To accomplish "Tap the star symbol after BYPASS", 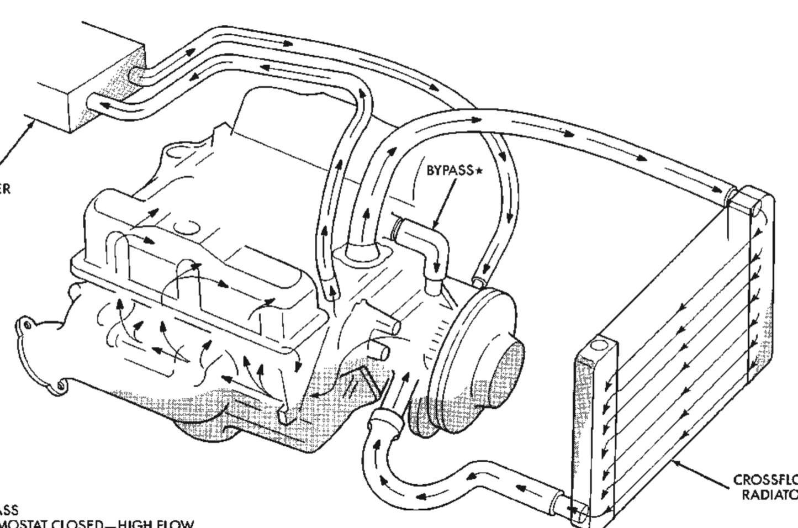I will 479,171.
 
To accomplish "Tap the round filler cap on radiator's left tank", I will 598,347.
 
